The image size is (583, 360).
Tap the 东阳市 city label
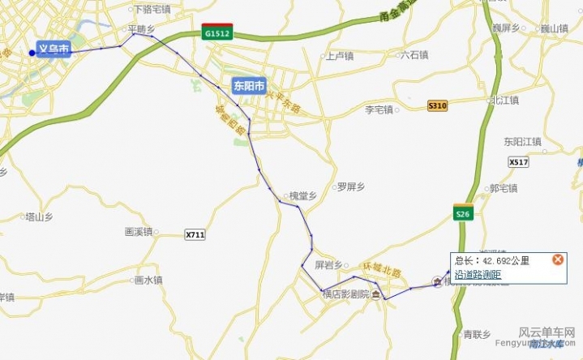248,85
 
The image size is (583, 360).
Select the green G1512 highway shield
218,33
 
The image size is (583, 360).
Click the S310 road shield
438,106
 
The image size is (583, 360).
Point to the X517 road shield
519,162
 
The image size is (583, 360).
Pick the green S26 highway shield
462,213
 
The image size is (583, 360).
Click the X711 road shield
195,234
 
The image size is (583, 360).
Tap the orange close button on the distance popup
558,259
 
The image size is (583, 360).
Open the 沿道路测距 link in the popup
478,275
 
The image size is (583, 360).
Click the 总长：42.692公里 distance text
491,260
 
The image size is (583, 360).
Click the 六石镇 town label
414,55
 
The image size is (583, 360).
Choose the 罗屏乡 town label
350,186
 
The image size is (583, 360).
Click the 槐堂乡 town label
302,195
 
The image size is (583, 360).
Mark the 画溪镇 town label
138,231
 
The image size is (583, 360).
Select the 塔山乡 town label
39,217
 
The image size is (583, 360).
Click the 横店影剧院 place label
345,294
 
